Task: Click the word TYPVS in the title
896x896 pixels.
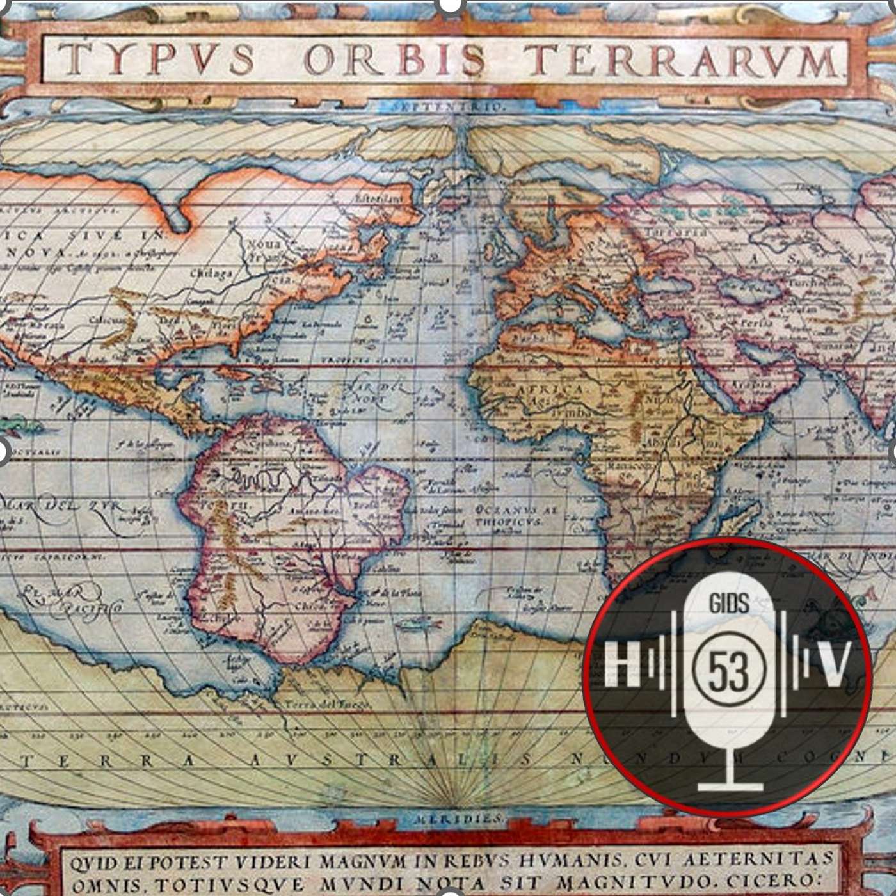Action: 157,60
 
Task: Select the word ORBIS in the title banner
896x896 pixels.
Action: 394,60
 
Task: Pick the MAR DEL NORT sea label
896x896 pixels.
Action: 368,392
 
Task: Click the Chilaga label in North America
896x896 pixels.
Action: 211,274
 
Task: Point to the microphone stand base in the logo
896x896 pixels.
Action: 730,785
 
